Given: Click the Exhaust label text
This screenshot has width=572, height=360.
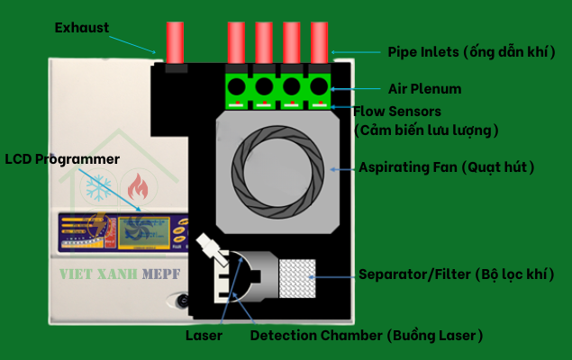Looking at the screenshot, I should point(82,28).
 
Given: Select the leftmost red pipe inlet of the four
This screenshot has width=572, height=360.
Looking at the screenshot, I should point(236,42).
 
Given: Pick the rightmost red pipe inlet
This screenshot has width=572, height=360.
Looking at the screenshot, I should point(320,42).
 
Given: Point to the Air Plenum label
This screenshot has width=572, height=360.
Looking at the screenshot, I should point(424,89).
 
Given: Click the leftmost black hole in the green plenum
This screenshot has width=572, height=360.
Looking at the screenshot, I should point(237,87).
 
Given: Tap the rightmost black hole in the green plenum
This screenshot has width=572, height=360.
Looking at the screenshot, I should point(319,87).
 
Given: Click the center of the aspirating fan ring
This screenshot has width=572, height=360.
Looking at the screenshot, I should point(277,168).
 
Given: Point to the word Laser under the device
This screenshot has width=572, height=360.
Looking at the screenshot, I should point(204,335).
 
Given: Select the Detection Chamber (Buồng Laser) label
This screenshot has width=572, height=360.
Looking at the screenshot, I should point(367,335).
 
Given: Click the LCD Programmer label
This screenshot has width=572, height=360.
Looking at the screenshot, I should point(62,159).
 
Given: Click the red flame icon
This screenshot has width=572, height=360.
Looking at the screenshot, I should point(136,187).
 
